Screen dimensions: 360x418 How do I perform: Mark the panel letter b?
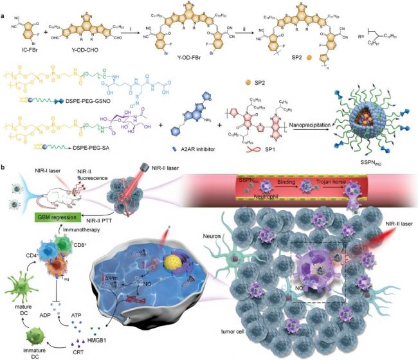pos(5,168)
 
